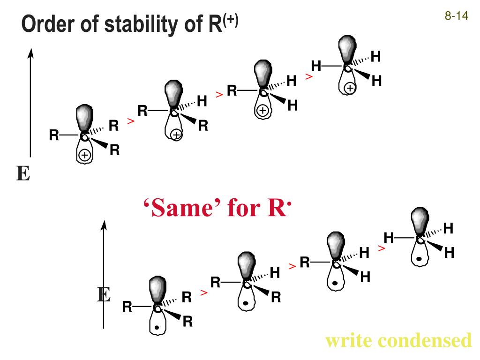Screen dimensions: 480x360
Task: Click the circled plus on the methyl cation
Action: click(350, 88)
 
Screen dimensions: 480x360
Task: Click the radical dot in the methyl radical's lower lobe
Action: click(419, 258)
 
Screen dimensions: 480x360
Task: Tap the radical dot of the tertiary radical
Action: click(157, 327)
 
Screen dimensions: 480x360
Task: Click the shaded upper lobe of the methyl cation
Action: click(347, 49)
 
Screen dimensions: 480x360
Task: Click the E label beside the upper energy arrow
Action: click(23, 174)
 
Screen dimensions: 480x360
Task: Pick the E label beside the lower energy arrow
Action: click(104, 295)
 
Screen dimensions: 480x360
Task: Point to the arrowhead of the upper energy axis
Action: click(30, 53)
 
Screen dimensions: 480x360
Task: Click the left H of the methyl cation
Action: click(316, 67)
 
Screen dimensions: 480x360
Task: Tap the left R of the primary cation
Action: click(232, 90)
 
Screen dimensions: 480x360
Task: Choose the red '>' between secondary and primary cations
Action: click(219, 95)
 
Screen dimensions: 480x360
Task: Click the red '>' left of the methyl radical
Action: click(382, 248)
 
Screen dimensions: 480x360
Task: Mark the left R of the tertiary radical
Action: click(127, 307)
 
